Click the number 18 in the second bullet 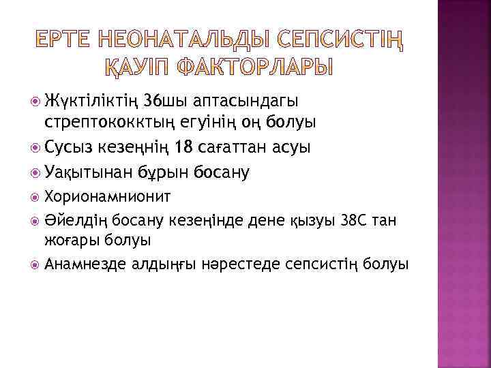click(184, 147)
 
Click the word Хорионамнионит click(108, 197)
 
